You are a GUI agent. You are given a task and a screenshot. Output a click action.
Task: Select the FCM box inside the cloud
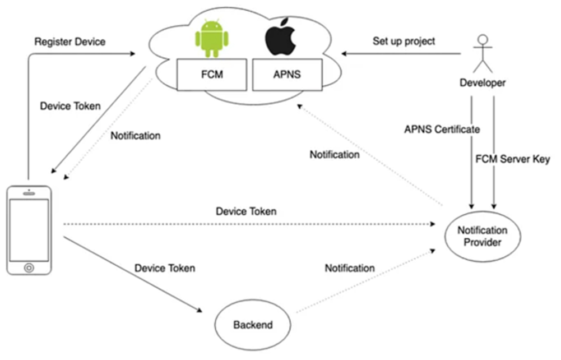point(212,75)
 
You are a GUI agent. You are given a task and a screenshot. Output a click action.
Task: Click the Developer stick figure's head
point(482,40)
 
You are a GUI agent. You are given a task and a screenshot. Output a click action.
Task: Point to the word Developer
point(483,83)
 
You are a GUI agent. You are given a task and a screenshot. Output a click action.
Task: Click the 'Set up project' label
point(404,41)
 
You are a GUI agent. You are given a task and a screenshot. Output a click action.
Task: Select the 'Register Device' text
point(69,41)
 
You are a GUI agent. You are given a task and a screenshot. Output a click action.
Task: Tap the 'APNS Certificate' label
point(442,130)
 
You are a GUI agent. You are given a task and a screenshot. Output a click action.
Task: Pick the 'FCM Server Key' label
point(512,159)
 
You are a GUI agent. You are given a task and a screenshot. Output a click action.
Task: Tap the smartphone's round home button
point(29,268)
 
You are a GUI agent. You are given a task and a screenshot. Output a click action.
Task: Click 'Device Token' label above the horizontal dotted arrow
point(246,211)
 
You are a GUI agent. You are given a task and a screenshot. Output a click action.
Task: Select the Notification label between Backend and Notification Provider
point(350,268)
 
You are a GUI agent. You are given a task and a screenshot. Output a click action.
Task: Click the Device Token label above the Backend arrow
point(165,268)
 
